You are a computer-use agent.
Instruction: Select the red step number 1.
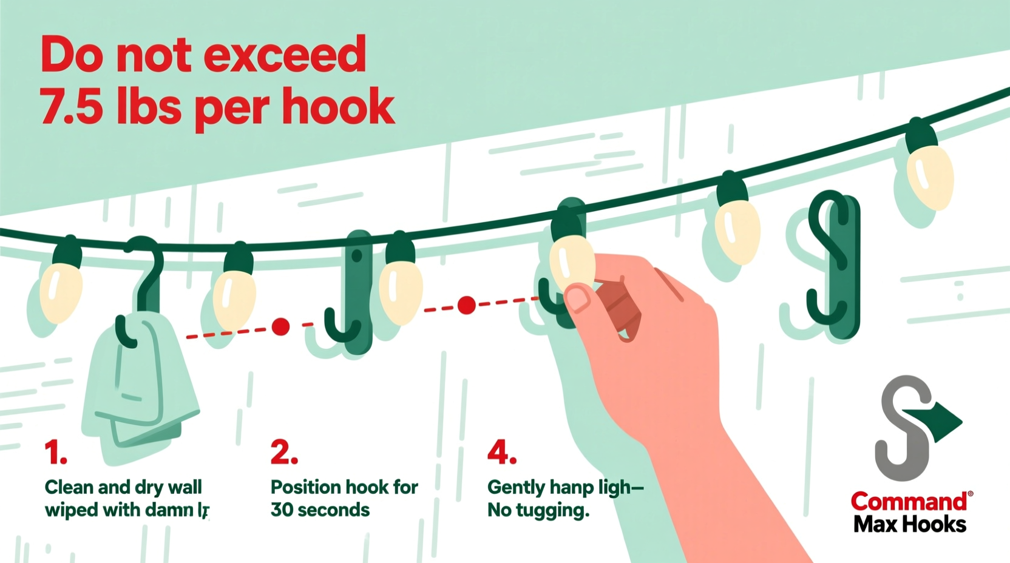tap(55, 453)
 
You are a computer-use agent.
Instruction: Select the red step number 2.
tap(283, 453)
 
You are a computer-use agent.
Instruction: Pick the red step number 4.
tap(501, 453)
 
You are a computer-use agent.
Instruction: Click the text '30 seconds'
tap(320, 510)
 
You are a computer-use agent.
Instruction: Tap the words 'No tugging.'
tap(538, 510)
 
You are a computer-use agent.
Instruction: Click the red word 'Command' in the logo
tap(908, 501)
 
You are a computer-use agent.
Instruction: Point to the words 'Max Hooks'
tap(909, 524)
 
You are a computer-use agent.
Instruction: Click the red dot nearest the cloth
tap(280, 327)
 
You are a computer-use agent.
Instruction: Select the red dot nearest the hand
tap(466, 305)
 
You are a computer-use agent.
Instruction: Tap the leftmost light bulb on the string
tap(61, 291)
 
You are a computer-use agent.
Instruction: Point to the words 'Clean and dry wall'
tap(123, 487)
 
